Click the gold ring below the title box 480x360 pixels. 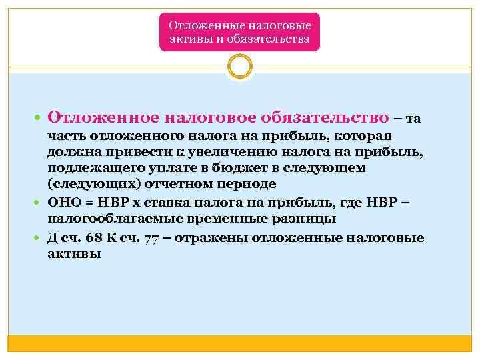(239, 67)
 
